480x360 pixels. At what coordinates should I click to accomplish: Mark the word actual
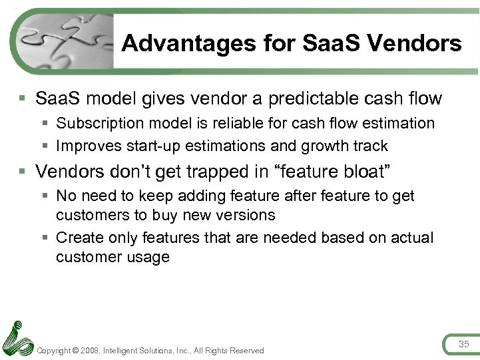411,238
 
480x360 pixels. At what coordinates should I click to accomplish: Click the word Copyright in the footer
55,350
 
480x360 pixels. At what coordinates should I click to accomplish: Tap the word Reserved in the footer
248,350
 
